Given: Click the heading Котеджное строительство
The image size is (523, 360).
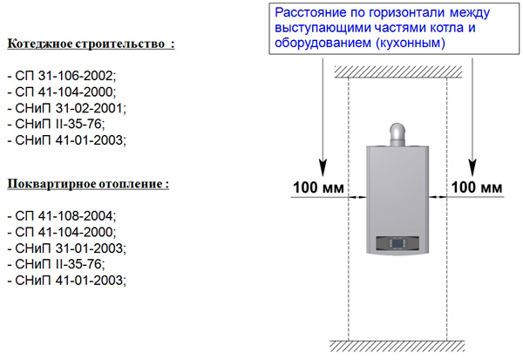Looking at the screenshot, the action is [91, 44].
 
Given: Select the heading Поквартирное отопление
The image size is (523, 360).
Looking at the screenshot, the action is [88, 184].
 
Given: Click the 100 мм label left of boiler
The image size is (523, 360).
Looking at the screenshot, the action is [318, 187].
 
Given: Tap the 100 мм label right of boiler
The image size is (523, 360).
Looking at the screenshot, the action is [477, 187].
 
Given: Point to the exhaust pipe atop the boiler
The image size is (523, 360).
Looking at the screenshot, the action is [397, 135].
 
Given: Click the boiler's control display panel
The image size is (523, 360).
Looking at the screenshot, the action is [397, 243].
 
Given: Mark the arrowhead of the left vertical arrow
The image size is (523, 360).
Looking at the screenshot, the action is [323, 167].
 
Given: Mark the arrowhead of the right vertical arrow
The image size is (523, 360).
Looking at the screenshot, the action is [472, 167].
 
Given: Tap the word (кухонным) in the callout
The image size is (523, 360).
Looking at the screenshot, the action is [411, 43].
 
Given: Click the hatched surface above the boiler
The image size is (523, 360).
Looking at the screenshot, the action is [398, 71].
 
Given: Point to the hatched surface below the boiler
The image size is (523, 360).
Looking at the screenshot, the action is [397, 346].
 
